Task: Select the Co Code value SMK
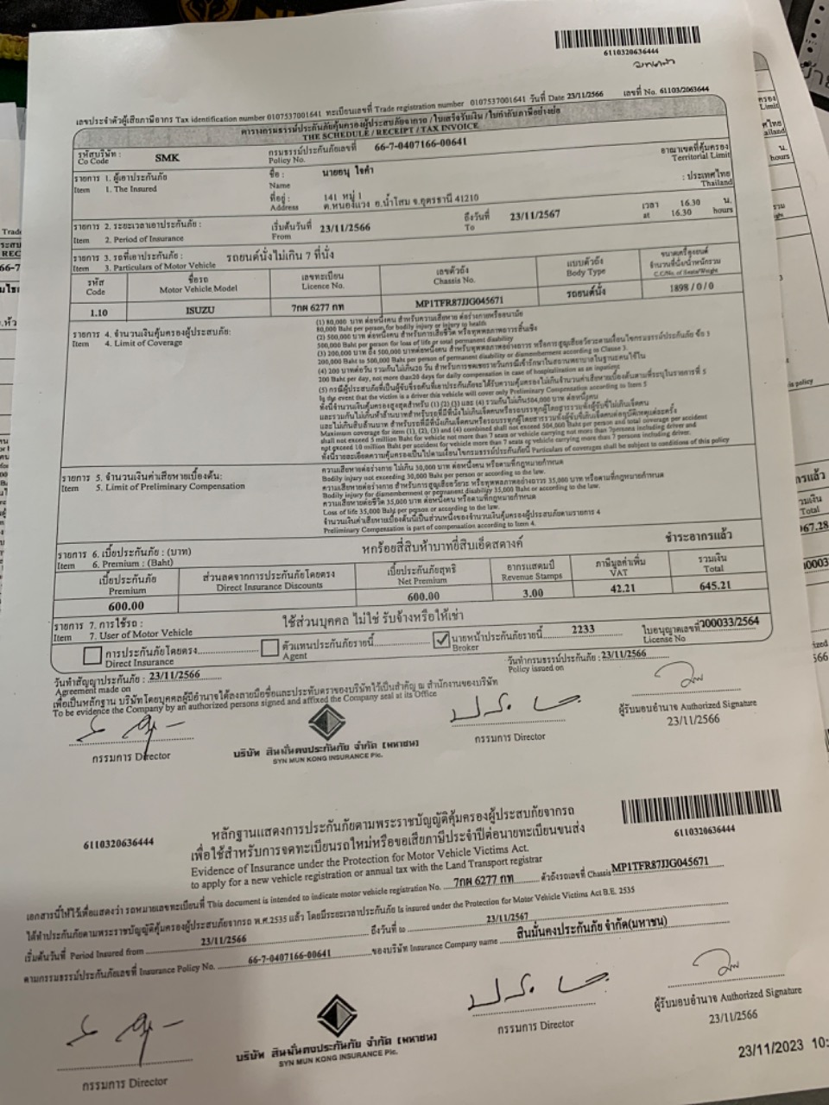[x=168, y=158]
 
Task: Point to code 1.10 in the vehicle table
[x=98, y=313]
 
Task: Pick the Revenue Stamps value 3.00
[x=533, y=593]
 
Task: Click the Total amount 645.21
[x=714, y=585]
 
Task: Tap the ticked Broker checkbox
[x=441, y=640]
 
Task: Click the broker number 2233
[x=583, y=630]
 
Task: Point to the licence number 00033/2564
[x=731, y=621]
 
